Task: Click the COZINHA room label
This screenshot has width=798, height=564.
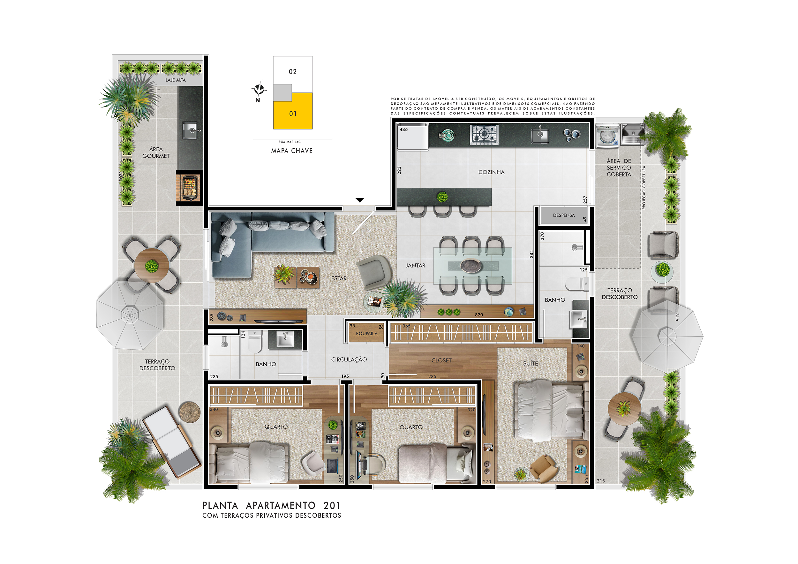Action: point(491,172)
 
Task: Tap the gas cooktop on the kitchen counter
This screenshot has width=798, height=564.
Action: point(484,135)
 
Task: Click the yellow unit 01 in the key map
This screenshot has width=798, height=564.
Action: point(293,111)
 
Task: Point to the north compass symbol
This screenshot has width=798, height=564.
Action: point(259,90)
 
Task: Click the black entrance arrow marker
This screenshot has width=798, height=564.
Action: point(360,200)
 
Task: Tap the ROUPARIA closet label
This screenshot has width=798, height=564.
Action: point(366,333)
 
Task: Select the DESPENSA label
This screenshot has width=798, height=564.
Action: point(564,215)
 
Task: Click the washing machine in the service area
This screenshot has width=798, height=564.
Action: point(607,136)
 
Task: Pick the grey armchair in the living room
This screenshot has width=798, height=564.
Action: point(373,271)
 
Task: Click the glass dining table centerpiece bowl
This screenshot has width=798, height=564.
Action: point(471,265)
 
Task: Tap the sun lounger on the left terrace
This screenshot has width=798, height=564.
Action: point(172,442)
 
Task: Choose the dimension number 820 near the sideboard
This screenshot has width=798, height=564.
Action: point(479,315)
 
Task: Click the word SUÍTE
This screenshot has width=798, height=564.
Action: point(531,363)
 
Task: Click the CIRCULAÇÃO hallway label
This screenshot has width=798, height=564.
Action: point(349,360)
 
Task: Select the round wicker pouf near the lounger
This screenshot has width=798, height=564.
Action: point(189,412)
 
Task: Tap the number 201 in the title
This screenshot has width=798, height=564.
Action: point(332,506)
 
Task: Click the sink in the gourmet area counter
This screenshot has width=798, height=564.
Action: point(191,130)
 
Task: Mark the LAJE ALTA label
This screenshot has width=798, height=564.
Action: point(176,80)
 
